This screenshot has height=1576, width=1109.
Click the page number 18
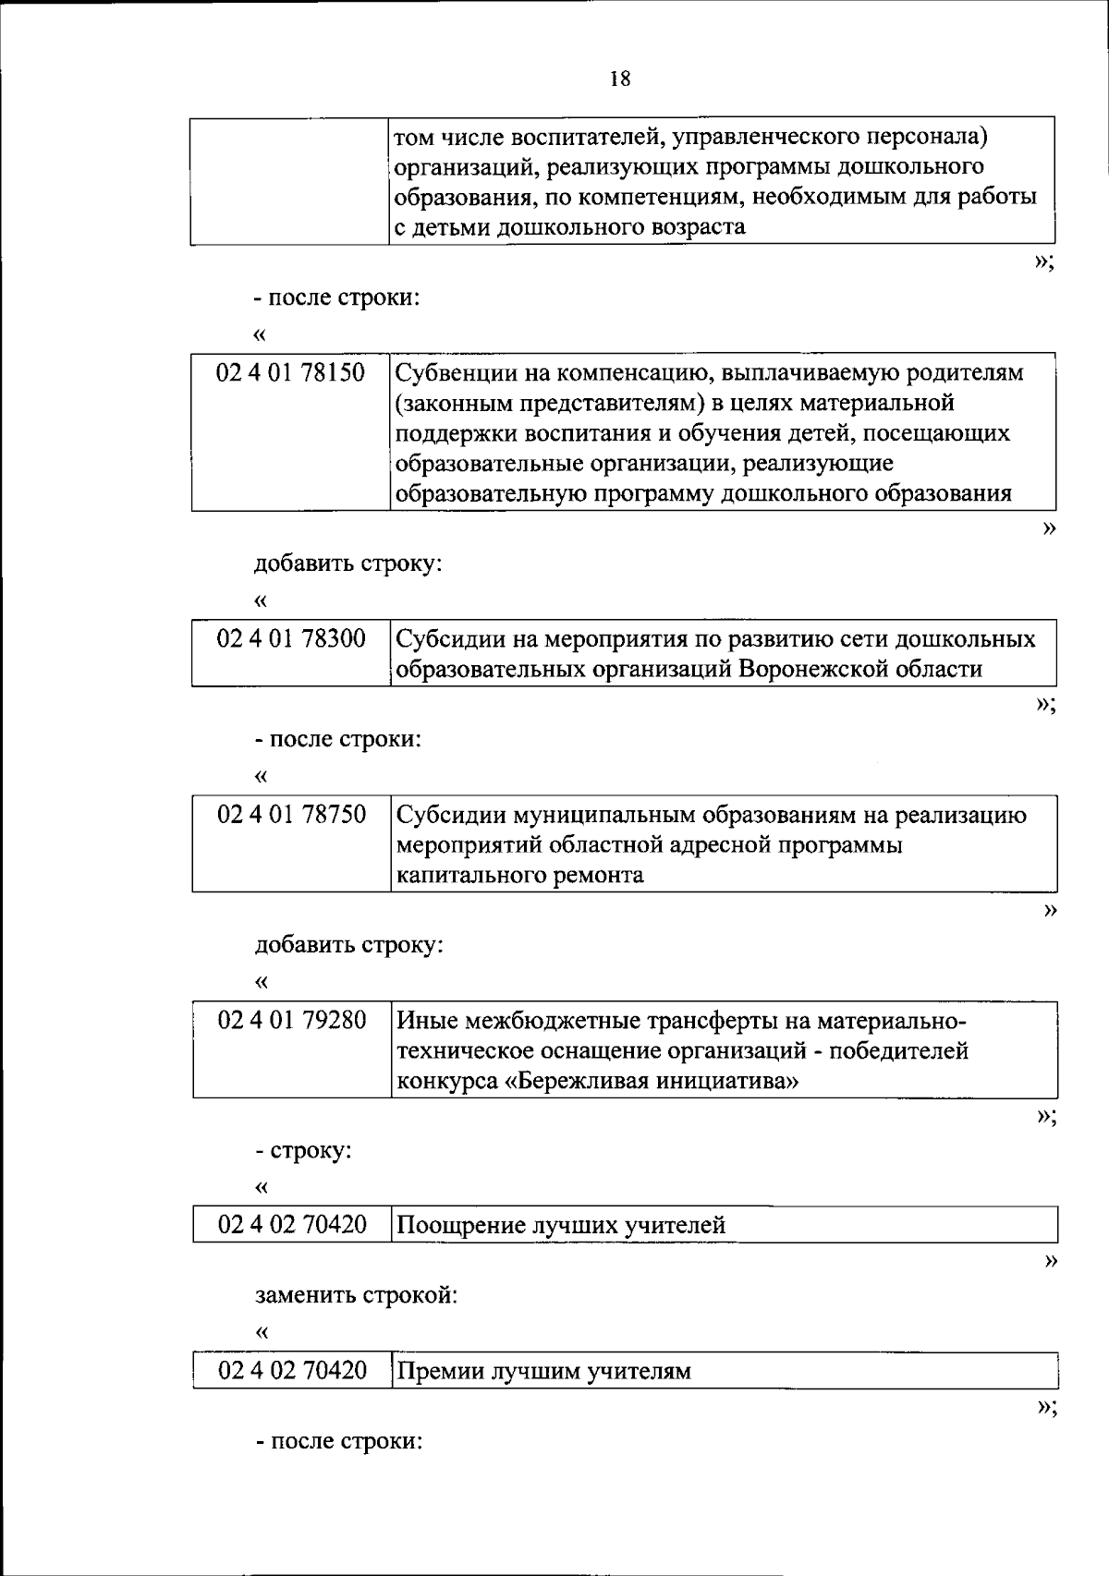(620, 79)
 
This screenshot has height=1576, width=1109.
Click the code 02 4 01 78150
(290, 373)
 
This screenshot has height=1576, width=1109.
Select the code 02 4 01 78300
(291, 638)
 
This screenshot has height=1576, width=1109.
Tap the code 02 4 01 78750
(291, 815)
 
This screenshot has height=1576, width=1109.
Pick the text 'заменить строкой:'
(357, 1295)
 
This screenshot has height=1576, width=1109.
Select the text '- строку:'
(304, 1151)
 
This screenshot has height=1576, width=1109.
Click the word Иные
(426, 1021)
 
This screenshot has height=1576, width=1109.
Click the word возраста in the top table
(694, 227)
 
